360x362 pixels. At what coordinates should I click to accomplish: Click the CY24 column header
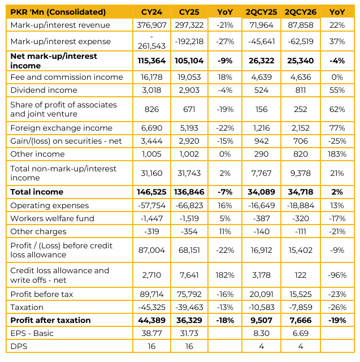coord(151,12)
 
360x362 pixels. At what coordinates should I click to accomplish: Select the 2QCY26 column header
coord(300,12)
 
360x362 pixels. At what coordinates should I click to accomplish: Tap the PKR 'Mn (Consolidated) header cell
coord(58,12)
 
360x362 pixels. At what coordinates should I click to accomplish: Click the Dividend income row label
coord(44,90)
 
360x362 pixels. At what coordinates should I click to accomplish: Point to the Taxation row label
coord(27,307)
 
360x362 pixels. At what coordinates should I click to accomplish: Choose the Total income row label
coord(37,192)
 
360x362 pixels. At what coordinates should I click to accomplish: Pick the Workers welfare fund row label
coord(53,218)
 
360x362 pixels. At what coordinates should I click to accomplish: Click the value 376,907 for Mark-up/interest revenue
coord(151,25)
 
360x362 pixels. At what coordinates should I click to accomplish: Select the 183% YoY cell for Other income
coord(337,154)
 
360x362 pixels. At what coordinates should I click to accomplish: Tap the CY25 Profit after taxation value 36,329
coord(189,320)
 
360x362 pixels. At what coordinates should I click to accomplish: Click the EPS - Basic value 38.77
coord(151,333)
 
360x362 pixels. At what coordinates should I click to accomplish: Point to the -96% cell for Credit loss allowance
coord(337,275)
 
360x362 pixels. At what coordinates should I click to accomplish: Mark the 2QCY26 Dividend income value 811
coord(301,90)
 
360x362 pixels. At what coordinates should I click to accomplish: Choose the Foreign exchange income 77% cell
coord(337,128)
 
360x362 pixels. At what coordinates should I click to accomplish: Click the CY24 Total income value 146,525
coord(151,192)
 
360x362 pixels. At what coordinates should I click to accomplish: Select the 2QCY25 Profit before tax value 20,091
coord(261,294)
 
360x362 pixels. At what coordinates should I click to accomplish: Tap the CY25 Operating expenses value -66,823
coord(189,205)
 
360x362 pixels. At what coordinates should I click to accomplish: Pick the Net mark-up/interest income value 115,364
coord(151,61)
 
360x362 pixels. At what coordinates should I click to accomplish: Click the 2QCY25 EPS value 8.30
coord(261,333)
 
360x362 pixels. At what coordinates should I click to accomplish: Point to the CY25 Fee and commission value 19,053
coord(189,77)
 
